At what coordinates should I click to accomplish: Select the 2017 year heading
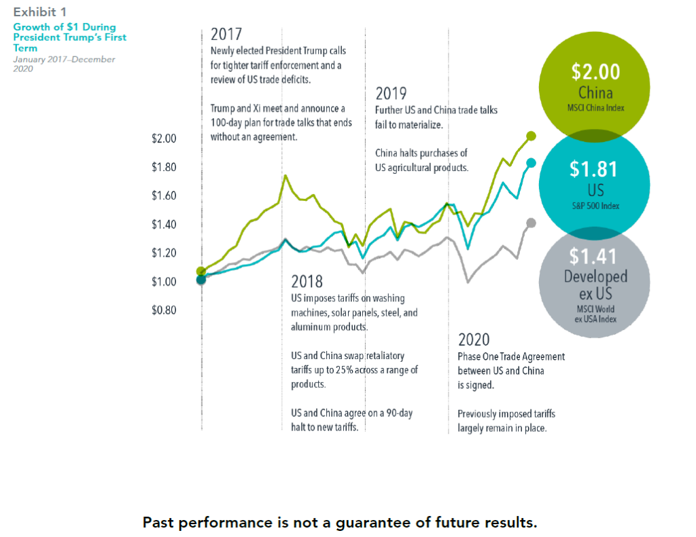click(x=227, y=35)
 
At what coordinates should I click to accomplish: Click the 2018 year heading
click(x=307, y=281)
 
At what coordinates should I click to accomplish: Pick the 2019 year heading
click(x=391, y=94)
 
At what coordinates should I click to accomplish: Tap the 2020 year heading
click(x=474, y=339)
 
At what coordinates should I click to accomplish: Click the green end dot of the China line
click(x=531, y=136)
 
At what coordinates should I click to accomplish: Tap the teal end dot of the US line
click(x=531, y=162)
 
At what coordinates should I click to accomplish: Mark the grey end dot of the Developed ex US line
click(x=531, y=223)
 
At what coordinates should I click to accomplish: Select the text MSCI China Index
click(x=595, y=108)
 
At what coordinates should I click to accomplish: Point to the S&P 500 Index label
click(x=595, y=205)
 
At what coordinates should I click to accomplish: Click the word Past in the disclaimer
click(x=160, y=523)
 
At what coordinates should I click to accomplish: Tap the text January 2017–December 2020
click(x=64, y=64)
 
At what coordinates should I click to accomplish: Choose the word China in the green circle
click(x=595, y=93)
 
